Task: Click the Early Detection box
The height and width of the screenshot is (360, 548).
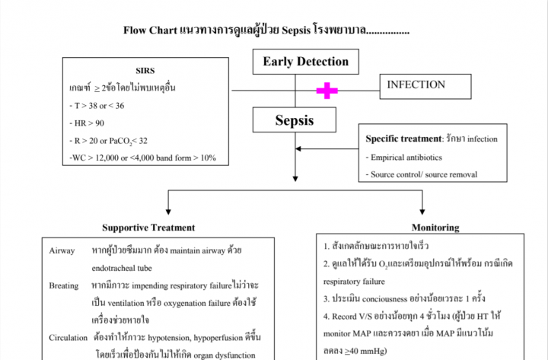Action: (x=306, y=62)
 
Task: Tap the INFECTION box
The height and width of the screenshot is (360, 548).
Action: (x=416, y=84)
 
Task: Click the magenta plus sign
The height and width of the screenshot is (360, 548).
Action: (x=327, y=91)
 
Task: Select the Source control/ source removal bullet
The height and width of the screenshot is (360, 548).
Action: (x=423, y=174)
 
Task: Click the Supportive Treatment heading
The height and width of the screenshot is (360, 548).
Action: (x=148, y=228)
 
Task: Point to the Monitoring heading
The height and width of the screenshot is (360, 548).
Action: (x=435, y=228)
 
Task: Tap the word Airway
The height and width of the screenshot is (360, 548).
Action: (x=62, y=250)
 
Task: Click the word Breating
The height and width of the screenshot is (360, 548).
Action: (x=65, y=285)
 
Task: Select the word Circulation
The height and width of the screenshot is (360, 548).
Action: (x=68, y=337)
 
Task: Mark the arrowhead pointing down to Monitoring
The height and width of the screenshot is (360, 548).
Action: (x=422, y=212)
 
